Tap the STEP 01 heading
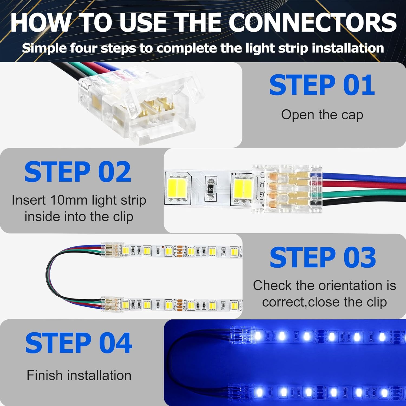(x=322, y=85)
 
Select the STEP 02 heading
(x=78, y=172)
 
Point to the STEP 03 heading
(x=323, y=257)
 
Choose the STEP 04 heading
(x=78, y=343)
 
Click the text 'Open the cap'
(x=322, y=115)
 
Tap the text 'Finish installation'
(x=79, y=375)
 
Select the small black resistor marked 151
(x=211, y=188)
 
